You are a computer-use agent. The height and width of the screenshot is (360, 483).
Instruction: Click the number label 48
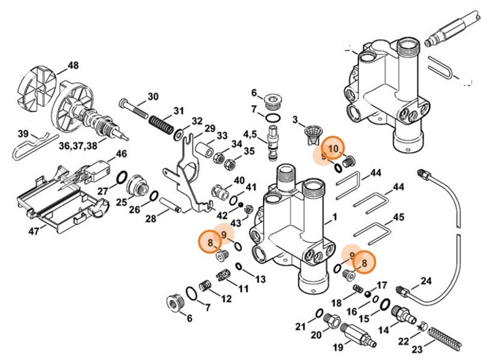click(x=73, y=65)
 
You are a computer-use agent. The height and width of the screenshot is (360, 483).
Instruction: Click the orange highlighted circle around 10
click(x=333, y=149)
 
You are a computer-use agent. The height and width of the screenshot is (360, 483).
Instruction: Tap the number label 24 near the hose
click(x=426, y=281)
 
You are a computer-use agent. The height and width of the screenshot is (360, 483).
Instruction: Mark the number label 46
click(x=121, y=154)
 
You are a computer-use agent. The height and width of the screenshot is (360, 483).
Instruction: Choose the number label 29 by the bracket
click(x=210, y=128)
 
